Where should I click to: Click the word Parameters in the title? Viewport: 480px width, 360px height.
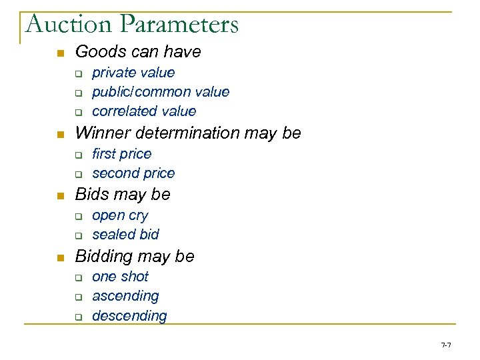(181, 25)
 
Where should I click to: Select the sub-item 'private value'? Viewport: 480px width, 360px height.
(133, 73)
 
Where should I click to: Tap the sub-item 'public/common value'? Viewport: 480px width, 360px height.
(161, 92)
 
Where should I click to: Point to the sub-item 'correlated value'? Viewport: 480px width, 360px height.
(144, 111)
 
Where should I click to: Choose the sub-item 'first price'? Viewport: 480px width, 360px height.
(122, 154)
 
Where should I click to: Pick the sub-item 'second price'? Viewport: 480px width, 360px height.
(133, 173)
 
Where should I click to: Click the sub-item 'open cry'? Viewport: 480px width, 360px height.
(120, 215)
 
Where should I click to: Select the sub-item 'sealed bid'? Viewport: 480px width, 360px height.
(125, 235)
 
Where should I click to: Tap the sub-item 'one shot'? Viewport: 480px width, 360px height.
(120, 277)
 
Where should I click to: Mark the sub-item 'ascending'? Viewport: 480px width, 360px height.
(125, 296)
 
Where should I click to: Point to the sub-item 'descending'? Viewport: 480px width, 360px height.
(129, 315)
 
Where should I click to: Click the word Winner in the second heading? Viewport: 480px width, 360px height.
(100, 133)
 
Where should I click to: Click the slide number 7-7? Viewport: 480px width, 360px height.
(446, 345)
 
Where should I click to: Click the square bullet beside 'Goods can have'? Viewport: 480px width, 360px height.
(60, 53)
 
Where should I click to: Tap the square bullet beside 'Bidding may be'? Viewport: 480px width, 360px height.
(60, 257)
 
